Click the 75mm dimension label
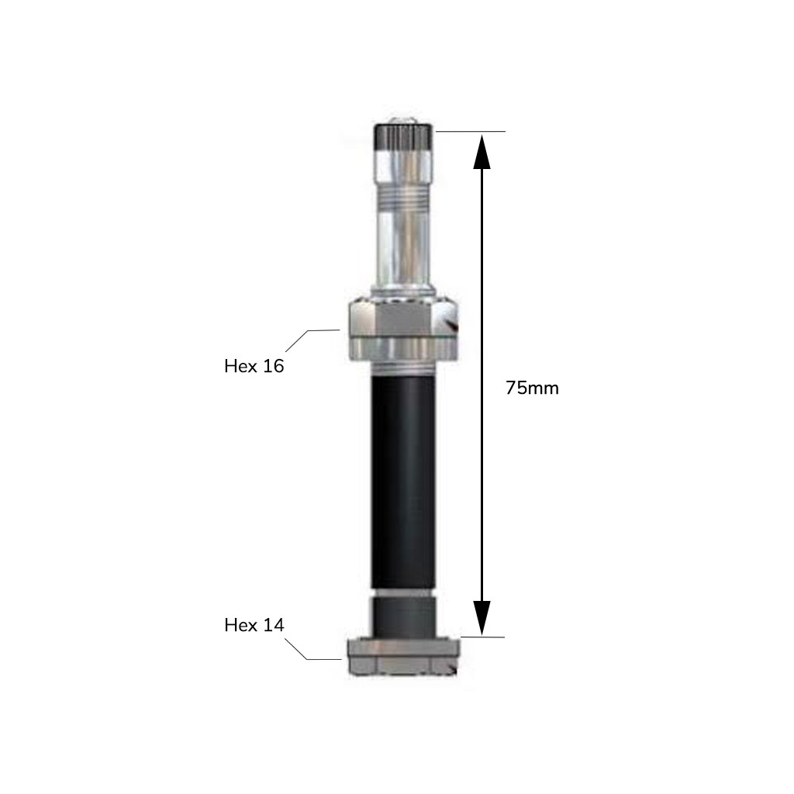[x=532, y=388]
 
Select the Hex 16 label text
[x=254, y=366]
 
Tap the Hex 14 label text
[x=254, y=625]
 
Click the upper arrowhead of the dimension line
[x=482, y=151]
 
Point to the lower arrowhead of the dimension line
[x=482, y=618]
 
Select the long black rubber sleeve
[x=402, y=481]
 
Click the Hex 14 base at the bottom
[x=403, y=657]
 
